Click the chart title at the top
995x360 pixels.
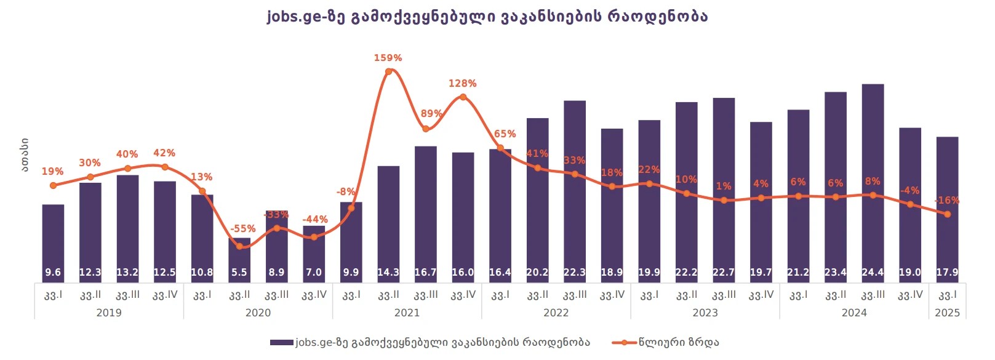point(487,16)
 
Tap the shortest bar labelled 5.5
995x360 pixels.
point(239,260)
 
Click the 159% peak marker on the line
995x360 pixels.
point(388,72)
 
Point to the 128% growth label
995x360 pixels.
point(462,83)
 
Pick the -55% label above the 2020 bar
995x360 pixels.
point(242,228)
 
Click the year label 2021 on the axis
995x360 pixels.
point(407,313)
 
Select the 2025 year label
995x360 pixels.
point(947,313)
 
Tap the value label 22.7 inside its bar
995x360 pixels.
point(724,272)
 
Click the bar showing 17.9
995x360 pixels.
point(947,209)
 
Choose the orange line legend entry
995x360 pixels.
point(666,342)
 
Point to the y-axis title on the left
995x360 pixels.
point(24,155)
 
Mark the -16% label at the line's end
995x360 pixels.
point(946,200)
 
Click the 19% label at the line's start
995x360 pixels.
point(52,171)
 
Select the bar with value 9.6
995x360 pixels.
point(53,243)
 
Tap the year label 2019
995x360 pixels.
point(109,313)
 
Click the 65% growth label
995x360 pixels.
point(505,134)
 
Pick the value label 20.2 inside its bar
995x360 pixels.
point(537,272)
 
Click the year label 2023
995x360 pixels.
point(705,313)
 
